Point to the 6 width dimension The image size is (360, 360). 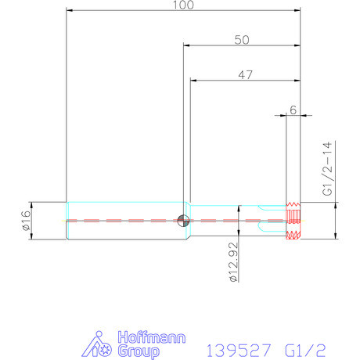pyautogui.click(x=292, y=110)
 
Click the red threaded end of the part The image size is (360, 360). pyautogui.click(x=293, y=221)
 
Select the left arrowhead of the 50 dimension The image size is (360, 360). pyautogui.click(x=186, y=45)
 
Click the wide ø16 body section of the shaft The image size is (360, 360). pyautogui.click(x=125, y=221)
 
